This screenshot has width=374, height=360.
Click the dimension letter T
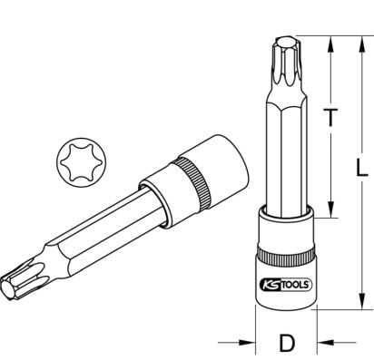click(x=331, y=118)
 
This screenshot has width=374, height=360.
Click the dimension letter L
click(x=361, y=168)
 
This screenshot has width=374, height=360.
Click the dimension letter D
click(x=287, y=343)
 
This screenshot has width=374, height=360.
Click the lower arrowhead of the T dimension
click(x=331, y=209)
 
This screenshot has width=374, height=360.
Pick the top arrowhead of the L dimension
click(x=361, y=44)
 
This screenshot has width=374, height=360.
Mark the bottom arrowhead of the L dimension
click(x=361, y=301)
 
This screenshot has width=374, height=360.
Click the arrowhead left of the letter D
click(x=247, y=343)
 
